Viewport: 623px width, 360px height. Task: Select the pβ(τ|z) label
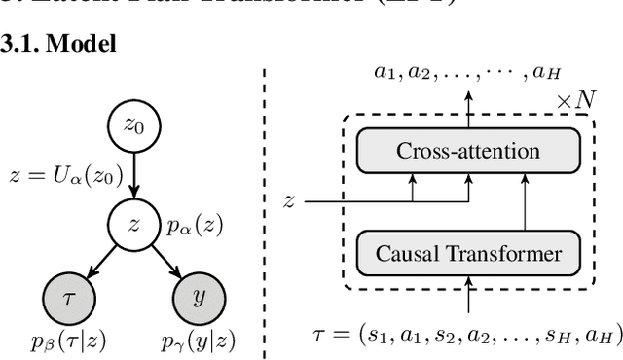coord(60,341)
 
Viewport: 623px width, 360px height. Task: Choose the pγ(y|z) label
coord(199,341)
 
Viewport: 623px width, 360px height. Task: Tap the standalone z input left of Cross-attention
coord(288,201)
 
